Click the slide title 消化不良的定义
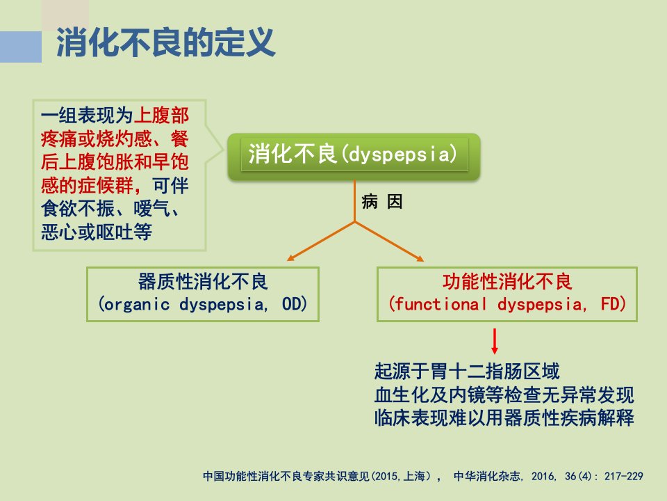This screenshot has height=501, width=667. tap(166, 42)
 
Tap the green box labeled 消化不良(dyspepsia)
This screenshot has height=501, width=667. tap(354, 157)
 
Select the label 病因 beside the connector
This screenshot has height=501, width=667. tap(382, 202)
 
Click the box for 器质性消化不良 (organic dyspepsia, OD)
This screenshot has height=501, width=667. tap(202, 294)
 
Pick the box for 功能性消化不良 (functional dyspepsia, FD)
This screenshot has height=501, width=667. tap(507, 294)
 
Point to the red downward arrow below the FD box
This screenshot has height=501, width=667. tap(494, 341)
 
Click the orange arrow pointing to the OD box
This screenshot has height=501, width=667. tap(321, 241)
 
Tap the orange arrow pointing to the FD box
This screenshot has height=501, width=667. tap(389, 241)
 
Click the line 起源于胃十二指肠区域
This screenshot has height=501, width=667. tap(467, 371)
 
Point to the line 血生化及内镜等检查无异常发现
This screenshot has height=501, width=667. tap(504, 395)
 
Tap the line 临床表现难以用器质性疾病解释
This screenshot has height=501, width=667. tap(504, 417)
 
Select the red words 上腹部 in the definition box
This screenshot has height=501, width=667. tap(161, 116)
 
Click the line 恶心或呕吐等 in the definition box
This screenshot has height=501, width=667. tap(97, 232)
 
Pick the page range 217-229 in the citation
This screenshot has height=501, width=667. tap(624, 476)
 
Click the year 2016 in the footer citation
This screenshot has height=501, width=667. tap(543, 476)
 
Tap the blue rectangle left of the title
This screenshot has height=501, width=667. tap(21, 47)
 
